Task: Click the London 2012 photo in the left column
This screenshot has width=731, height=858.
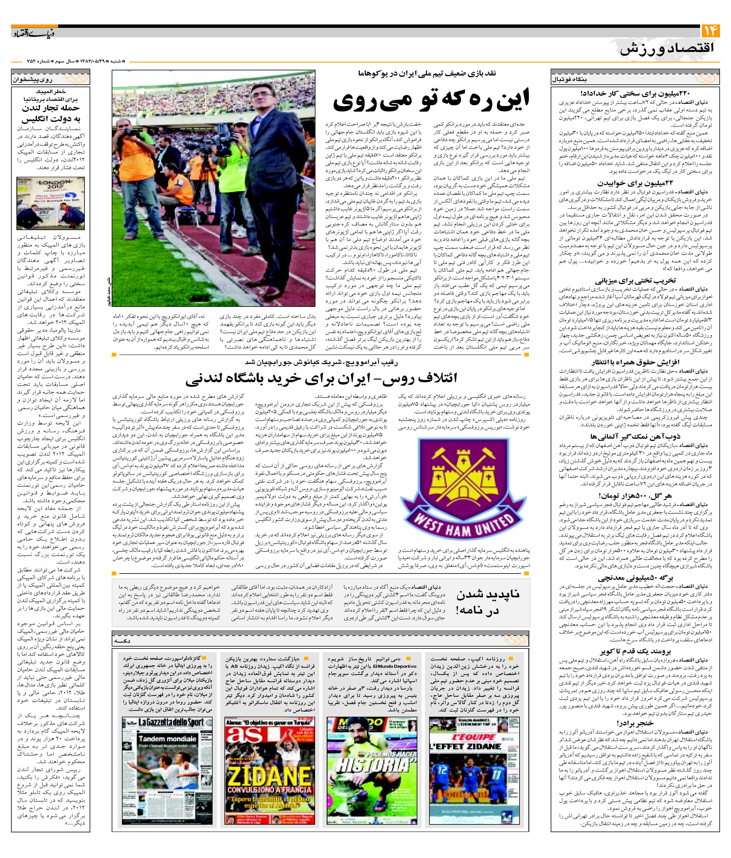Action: point(51,203)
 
